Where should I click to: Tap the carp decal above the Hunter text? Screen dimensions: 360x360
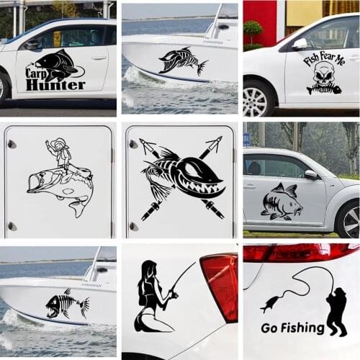point(58,63)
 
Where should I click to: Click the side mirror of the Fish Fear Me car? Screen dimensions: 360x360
point(300,44)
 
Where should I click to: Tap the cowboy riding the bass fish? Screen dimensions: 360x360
point(60,154)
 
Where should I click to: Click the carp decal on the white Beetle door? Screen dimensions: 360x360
point(281,202)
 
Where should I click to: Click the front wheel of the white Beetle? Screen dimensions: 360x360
point(349,220)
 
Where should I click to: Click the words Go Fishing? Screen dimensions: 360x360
point(292,328)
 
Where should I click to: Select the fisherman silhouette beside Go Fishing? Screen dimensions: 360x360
point(336,311)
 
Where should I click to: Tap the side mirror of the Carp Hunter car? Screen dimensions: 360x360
point(33,44)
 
